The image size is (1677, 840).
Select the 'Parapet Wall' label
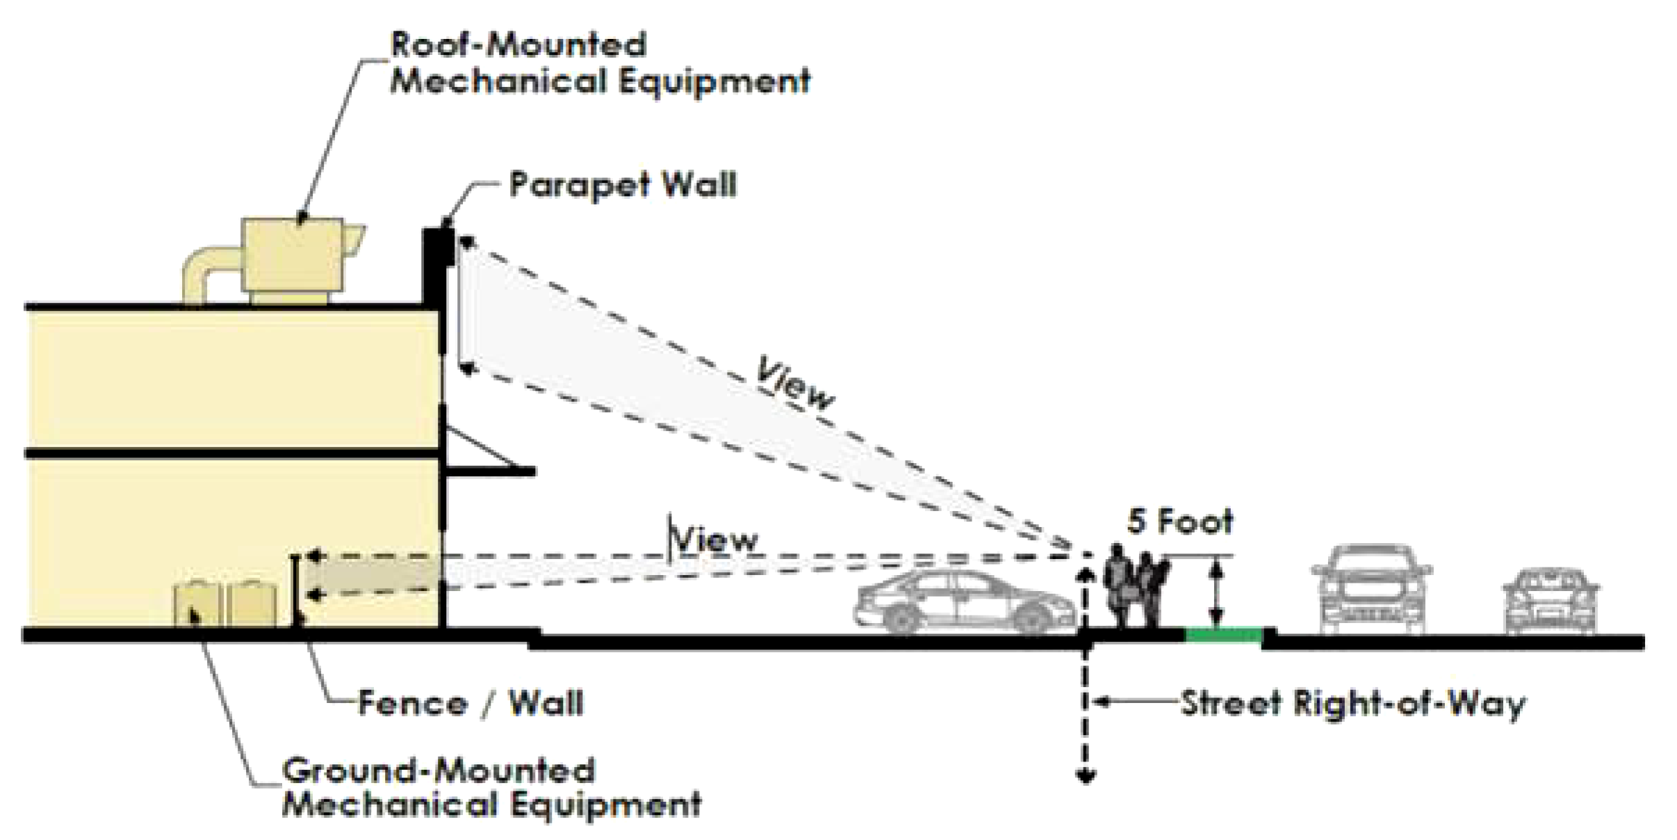point(622,185)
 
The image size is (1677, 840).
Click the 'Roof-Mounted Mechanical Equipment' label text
point(599,63)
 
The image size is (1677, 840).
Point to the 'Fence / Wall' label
point(471,703)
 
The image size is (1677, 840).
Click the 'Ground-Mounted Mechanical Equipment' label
point(491,788)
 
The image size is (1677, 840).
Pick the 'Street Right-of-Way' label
point(1352,703)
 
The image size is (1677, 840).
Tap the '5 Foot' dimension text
point(1179,522)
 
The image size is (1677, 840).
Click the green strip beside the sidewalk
point(1223,633)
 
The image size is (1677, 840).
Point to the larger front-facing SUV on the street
point(1371,588)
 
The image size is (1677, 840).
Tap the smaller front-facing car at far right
point(1551,601)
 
